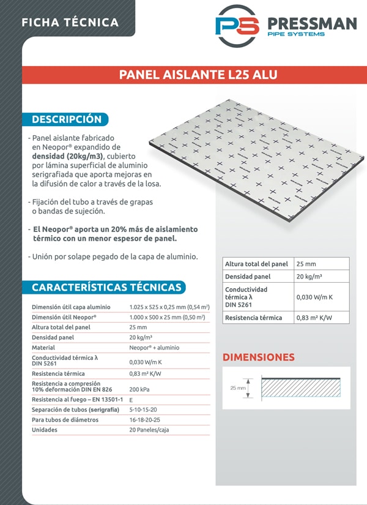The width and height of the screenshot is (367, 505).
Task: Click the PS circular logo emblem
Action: pos(237,25)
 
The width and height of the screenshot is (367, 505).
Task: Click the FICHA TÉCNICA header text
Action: pos(70,23)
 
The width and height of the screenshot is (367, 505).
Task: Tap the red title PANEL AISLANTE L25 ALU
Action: pos(198,75)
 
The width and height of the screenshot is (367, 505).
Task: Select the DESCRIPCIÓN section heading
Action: pos(66,119)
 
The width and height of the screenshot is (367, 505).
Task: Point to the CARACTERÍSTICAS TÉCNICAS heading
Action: pos(106,287)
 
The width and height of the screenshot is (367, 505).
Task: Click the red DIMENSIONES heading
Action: pos(258,357)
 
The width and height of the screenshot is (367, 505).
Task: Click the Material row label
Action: pos(43,347)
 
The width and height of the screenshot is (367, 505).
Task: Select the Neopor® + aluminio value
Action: pos(154,347)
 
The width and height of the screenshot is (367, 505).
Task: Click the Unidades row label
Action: pos(45,430)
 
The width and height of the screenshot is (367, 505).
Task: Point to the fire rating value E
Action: pos(132,399)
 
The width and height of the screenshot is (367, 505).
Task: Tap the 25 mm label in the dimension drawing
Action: pos(238,387)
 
